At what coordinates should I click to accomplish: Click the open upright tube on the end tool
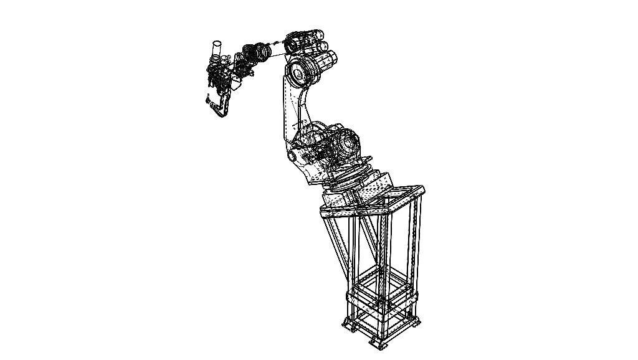coord(217,48)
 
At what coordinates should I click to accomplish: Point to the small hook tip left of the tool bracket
coord(206,97)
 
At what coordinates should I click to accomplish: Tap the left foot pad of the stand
coord(348,324)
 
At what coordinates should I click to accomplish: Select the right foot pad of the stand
coord(413,324)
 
